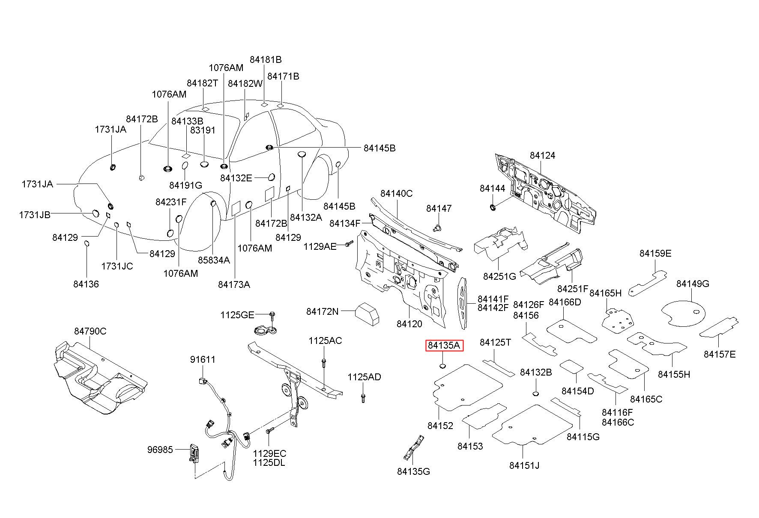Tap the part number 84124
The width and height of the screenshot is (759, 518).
542,155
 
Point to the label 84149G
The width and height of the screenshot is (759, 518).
693,284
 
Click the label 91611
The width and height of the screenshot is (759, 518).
203,360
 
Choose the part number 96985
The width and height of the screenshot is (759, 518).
160,450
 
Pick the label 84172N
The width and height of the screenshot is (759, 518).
322,311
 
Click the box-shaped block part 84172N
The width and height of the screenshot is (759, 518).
367,314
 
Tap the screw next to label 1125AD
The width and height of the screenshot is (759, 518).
363,398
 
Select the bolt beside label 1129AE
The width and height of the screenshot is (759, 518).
348,245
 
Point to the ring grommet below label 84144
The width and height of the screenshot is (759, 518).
493,208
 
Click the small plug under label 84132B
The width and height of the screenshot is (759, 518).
535,393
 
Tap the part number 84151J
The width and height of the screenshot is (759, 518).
524,465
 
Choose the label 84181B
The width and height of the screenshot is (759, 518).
266,59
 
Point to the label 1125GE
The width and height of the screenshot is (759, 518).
237,315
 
